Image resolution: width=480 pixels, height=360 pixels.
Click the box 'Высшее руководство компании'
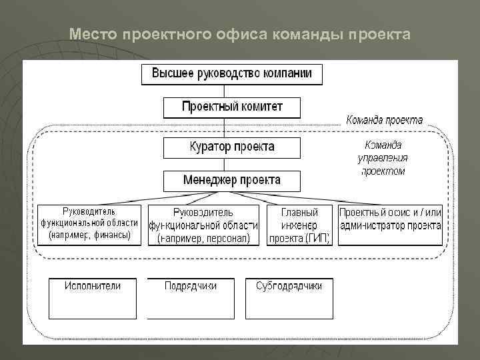pyautogui.click(x=231, y=73)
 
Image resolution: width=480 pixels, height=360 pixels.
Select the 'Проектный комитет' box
pyautogui.click(x=231, y=107)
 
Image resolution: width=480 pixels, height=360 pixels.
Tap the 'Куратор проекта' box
pyautogui.click(x=231, y=147)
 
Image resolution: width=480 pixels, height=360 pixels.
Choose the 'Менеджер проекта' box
pyautogui.click(x=231, y=181)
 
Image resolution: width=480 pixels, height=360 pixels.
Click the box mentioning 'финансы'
pyautogui.click(x=89, y=224)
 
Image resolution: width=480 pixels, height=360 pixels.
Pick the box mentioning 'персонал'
pyautogui.click(x=203, y=225)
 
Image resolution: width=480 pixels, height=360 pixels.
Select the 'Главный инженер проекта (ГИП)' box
pyautogui.click(x=299, y=225)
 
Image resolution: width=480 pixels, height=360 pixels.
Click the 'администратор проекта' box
pyautogui.click(x=390, y=225)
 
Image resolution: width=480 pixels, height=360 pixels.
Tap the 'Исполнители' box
pyautogui.click(x=93, y=298)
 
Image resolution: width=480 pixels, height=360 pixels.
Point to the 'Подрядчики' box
pyautogui.click(x=191, y=298)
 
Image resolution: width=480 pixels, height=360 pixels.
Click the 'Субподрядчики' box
pyautogui.click(x=289, y=298)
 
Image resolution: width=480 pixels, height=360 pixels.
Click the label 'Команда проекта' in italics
pyautogui.click(x=384, y=121)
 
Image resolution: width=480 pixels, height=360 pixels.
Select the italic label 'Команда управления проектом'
pyautogui.click(x=383, y=157)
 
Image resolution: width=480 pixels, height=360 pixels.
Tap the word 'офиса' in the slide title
pyautogui.click(x=243, y=34)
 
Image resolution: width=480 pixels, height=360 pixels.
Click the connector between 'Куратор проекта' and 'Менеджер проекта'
pyautogui.click(x=225, y=164)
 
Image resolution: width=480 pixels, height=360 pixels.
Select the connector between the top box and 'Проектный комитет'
pyautogui.click(x=225, y=91)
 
